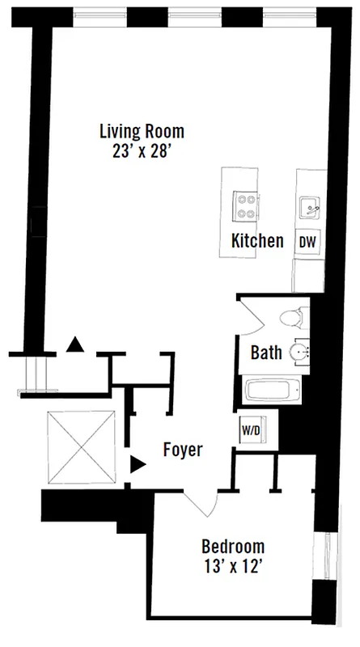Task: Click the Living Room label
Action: tap(142, 130)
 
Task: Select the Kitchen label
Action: tap(257, 241)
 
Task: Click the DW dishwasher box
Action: tap(307, 241)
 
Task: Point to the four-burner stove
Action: tap(246, 205)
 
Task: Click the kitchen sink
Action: tap(309, 208)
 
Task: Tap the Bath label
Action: tap(266, 353)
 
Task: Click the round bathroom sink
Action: tap(299, 353)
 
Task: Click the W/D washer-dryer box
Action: tap(251, 429)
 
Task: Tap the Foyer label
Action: tap(182, 450)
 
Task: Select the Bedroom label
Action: tap(233, 547)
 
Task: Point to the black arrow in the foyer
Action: tap(138, 464)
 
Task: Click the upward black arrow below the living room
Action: tap(74, 345)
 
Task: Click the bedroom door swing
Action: tap(201, 503)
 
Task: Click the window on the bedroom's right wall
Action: tap(327, 557)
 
